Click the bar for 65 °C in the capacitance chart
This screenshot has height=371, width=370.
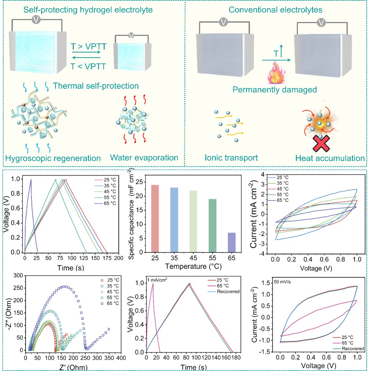(231, 242)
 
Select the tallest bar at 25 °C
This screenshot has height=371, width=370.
(155, 219)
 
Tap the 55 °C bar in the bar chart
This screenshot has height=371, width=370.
(212, 226)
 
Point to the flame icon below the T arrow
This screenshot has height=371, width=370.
(275, 74)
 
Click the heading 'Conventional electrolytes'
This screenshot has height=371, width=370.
(275, 10)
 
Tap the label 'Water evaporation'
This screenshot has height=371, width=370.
(144, 158)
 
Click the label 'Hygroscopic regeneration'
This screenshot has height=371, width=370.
(53, 158)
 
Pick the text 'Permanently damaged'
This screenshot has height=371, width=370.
(274, 90)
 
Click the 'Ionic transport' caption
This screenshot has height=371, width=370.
(231, 158)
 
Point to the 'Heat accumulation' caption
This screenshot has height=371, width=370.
(330, 158)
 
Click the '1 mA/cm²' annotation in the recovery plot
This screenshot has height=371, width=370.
(157, 280)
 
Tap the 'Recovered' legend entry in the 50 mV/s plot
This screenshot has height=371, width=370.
(353, 349)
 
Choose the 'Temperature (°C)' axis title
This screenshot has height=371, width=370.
(193, 266)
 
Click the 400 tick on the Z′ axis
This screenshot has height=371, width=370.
(121, 358)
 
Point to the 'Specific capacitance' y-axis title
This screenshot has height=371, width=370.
(132, 214)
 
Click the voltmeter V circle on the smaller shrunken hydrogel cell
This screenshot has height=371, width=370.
(131, 35)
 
